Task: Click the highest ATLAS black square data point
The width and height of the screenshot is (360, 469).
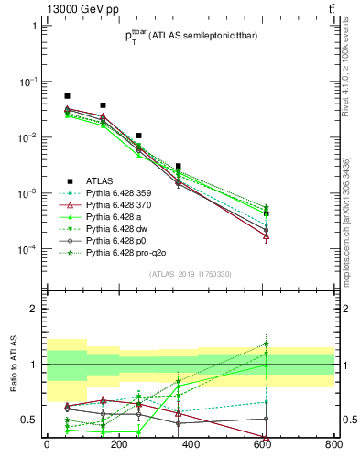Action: coord(67,96)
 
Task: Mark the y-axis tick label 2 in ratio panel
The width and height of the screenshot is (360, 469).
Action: coord(32,309)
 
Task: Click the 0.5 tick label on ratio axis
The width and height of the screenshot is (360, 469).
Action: coord(28,420)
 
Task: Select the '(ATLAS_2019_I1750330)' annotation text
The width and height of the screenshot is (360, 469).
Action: coord(190,273)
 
